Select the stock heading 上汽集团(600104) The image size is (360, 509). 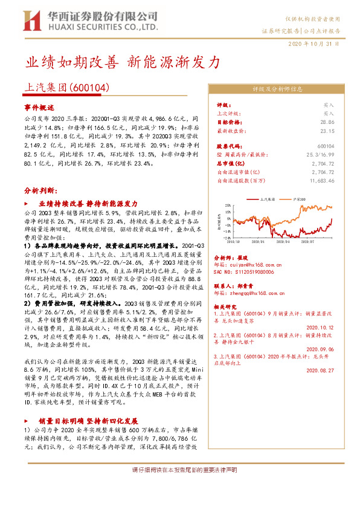66,87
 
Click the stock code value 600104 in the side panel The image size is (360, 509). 326,146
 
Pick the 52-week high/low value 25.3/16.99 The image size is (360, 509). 320,155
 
